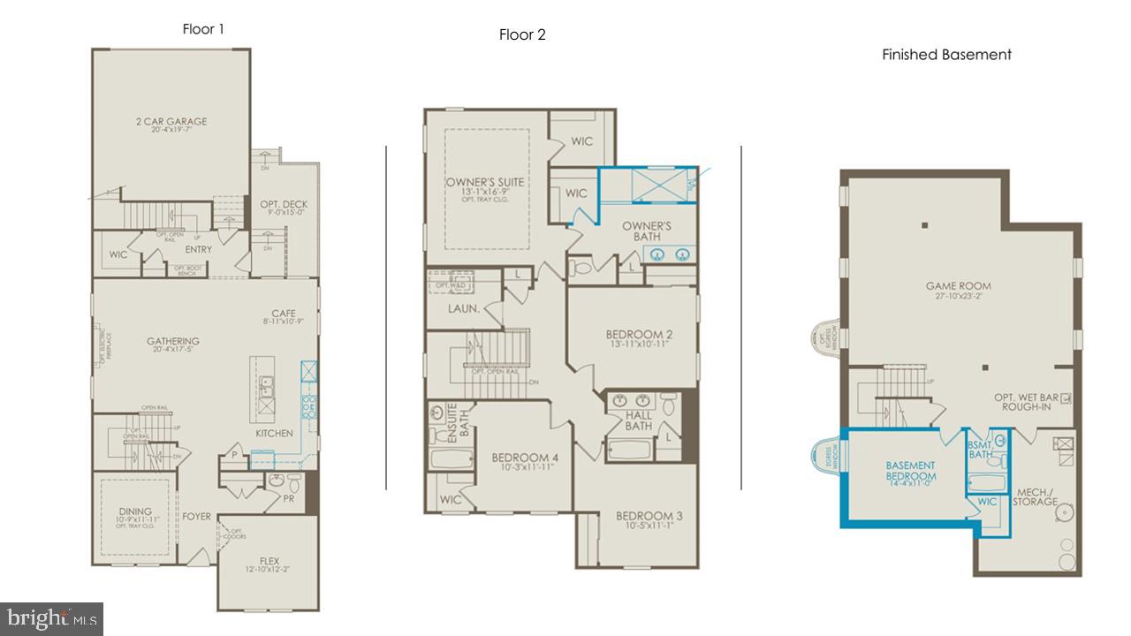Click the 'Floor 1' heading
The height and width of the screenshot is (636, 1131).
click(x=203, y=29)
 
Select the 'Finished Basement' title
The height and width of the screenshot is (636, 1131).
click(x=946, y=55)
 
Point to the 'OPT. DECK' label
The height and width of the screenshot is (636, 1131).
click(x=284, y=205)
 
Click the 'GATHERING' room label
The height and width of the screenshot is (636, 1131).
click(x=173, y=341)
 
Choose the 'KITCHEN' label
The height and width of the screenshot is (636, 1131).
click(x=274, y=434)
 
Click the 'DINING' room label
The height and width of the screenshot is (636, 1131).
click(x=135, y=511)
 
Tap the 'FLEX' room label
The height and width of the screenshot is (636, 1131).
click(x=269, y=560)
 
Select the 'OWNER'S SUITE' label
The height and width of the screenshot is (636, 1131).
click(x=484, y=183)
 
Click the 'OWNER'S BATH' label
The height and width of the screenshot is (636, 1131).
click(x=647, y=231)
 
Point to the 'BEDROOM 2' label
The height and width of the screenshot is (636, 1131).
click(x=639, y=334)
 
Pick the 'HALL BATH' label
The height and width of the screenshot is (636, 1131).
click(x=639, y=420)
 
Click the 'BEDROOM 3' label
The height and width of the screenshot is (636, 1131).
click(x=649, y=516)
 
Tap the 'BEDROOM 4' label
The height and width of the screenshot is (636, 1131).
click(x=525, y=458)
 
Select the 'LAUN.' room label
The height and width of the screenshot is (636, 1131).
click(x=463, y=308)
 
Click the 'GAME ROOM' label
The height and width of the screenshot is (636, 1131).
click(x=958, y=286)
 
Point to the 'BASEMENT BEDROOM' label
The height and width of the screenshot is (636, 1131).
click(x=910, y=471)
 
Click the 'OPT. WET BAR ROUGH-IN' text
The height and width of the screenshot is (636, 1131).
click(x=1025, y=402)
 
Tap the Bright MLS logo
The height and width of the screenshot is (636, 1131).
click(x=51, y=617)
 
